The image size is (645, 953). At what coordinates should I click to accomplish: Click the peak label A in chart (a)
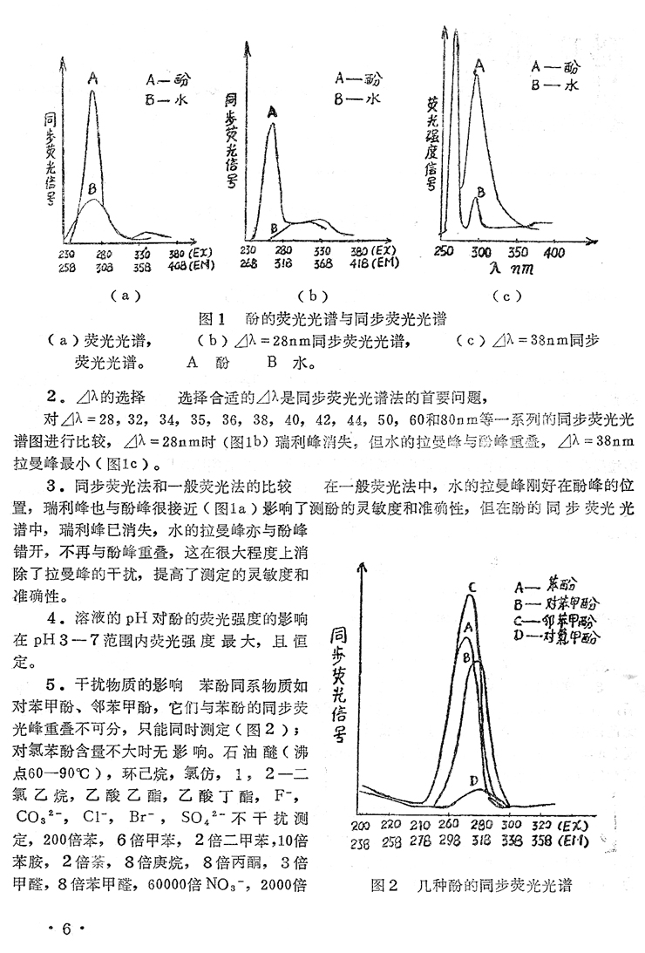[92, 78]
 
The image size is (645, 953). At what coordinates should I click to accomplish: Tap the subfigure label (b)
[309, 295]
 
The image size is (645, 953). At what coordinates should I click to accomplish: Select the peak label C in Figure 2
[471, 587]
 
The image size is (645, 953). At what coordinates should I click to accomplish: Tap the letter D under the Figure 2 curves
[472, 779]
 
